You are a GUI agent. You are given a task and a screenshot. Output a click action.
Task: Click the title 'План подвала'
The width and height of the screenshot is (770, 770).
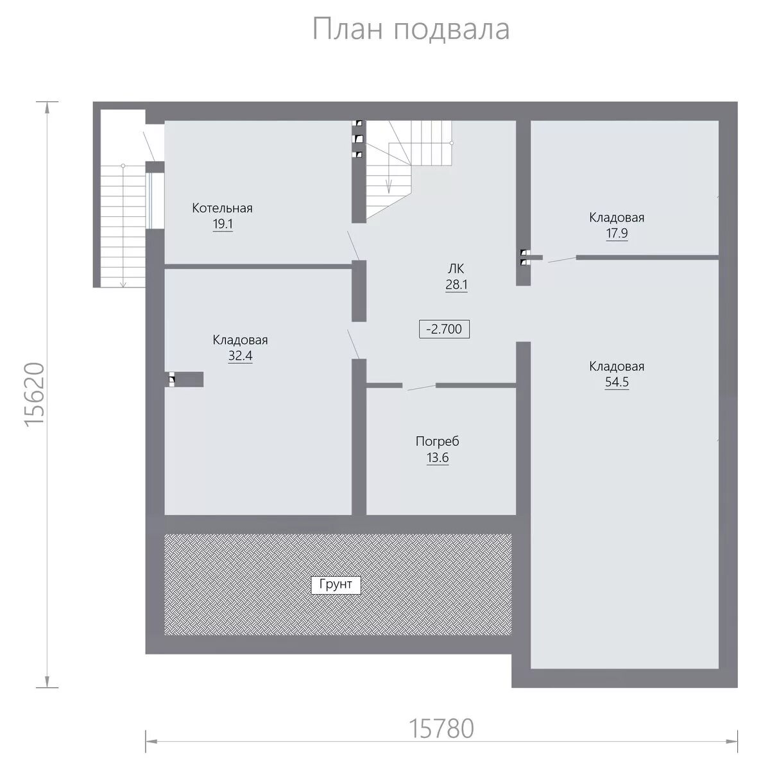point(411,30)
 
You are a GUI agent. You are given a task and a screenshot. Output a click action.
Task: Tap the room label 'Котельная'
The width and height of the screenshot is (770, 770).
point(222,208)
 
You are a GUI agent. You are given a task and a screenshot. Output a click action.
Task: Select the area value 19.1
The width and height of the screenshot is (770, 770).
point(223,224)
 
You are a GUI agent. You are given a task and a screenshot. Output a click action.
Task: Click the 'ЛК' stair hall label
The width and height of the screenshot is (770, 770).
point(456,269)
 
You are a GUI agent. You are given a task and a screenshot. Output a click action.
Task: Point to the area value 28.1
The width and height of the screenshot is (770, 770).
point(456,284)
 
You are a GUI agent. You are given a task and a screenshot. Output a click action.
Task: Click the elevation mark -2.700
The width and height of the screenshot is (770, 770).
point(444,329)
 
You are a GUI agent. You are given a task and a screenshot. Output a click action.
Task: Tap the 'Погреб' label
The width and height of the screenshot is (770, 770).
point(437,441)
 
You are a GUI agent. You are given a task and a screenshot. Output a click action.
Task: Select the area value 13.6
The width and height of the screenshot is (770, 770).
point(438,458)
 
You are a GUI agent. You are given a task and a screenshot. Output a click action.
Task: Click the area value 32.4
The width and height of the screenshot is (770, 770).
point(240,355)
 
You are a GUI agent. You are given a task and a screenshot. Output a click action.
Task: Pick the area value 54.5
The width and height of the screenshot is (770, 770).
point(617,382)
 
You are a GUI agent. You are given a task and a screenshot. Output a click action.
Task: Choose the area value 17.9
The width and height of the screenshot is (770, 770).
point(617,233)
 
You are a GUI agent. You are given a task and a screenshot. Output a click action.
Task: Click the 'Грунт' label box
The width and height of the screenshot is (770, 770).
point(336,585)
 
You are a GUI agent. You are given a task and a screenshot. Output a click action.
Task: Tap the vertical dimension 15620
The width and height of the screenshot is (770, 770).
point(35,395)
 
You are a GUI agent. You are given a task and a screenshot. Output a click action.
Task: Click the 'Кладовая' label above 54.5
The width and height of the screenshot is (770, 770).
point(617,366)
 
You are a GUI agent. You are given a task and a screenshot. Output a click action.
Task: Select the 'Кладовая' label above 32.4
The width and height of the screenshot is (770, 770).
point(240,340)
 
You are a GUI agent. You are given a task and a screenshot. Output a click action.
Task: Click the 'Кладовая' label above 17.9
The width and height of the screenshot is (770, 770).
point(617,218)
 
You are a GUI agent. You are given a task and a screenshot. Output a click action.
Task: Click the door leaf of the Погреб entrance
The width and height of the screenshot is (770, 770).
point(421,388)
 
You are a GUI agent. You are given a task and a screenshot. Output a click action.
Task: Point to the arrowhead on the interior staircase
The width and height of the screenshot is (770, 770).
point(389,186)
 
